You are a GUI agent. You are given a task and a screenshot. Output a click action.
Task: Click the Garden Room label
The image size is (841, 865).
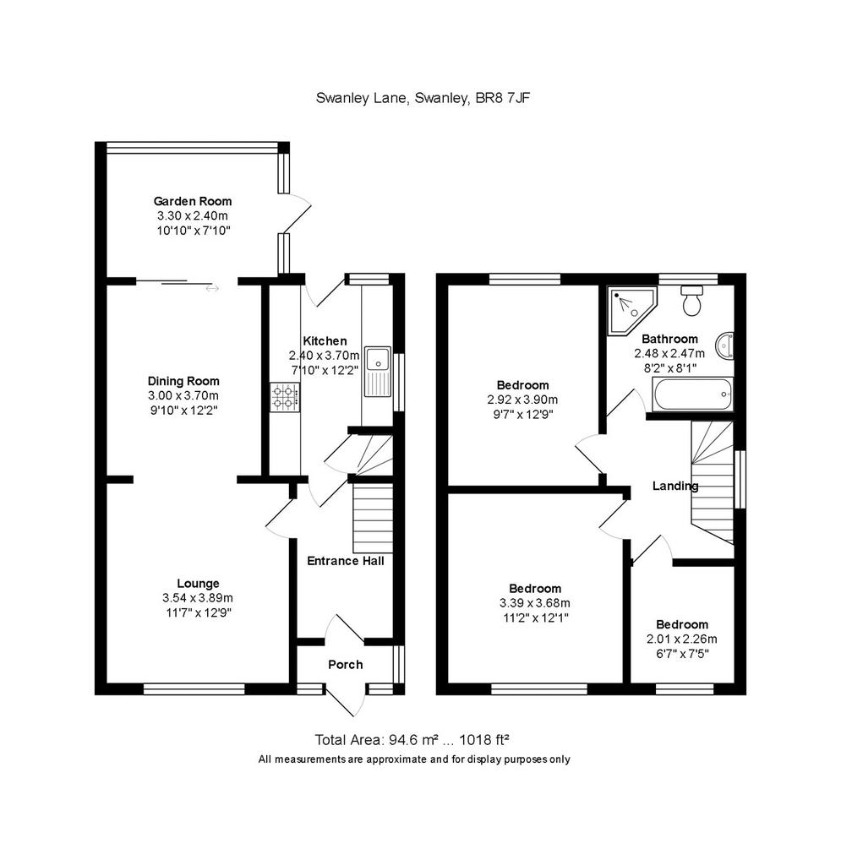[193, 201]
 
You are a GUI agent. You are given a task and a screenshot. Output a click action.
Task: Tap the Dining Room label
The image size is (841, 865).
[183, 381]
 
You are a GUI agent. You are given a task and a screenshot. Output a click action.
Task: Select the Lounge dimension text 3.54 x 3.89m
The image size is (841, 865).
[198, 598]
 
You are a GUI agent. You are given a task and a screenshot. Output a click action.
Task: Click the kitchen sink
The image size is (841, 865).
[378, 372]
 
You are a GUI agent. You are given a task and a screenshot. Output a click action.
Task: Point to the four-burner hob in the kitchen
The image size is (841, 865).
[285, 398]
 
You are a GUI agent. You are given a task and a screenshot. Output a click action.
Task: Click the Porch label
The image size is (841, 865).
[346, 665]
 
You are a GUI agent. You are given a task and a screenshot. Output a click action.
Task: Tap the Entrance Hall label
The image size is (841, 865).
[346, 561]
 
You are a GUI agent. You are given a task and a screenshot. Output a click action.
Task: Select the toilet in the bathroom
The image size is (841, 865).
[691, 301]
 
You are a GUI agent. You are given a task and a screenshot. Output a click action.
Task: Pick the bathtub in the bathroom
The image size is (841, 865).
[692, 394]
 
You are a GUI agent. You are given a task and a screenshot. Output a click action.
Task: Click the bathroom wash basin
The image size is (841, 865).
[724, 346]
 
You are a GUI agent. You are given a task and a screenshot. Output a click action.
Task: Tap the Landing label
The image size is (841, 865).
[675, 486]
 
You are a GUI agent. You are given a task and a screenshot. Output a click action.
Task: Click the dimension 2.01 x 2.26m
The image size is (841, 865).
[682, 639]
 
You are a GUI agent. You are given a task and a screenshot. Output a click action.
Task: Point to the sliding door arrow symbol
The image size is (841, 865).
[212, 289]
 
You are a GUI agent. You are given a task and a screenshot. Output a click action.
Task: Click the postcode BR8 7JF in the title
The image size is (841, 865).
[503, 98]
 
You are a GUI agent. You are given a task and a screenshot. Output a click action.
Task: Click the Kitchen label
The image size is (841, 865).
[325, 341]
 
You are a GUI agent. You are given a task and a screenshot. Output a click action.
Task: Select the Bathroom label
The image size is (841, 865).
[670, 340]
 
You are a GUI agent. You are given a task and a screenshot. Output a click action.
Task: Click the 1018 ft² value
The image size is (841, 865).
[484, 740]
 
